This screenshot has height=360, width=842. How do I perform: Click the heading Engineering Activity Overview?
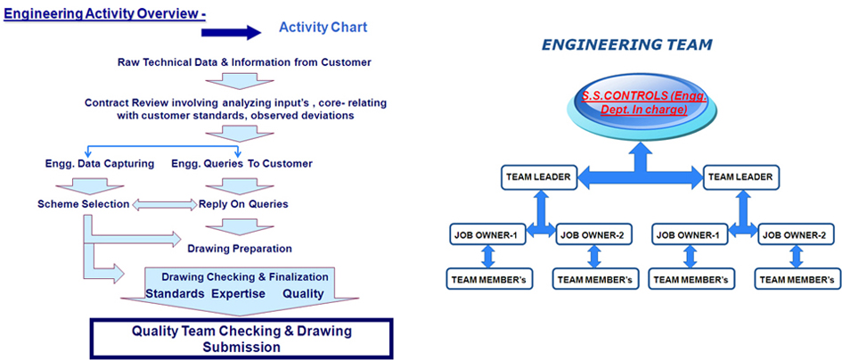(105, 12)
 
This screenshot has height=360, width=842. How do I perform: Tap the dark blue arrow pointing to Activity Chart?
(231, 32)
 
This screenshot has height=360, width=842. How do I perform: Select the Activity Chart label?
(323, 27)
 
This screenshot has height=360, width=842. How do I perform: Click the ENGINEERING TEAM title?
(626, 45)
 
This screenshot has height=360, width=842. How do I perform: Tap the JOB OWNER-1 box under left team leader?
(488, 234)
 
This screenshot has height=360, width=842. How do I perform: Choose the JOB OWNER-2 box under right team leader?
(796, 234)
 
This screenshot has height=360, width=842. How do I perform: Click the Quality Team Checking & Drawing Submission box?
(241, 339)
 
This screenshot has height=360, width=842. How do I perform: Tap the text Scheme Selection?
(83, 204)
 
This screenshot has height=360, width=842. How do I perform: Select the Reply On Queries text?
(243, 204)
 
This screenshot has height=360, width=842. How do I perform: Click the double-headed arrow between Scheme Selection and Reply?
(164, 205)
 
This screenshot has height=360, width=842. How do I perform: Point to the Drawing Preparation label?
(240, 249)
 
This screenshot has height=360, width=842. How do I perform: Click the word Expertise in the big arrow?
(239, 293)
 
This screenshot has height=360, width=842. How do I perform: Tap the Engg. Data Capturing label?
(99, 163)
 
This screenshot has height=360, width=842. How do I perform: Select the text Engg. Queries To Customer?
(241, 163)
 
